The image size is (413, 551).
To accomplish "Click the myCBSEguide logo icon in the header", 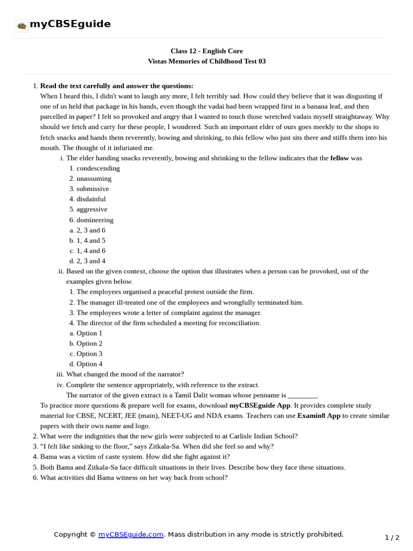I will point(22,25).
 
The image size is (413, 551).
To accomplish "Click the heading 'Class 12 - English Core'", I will point(206,51).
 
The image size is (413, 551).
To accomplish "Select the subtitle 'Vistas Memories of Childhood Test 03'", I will point(206,61).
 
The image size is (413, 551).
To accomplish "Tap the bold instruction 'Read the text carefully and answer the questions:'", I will point(117,86).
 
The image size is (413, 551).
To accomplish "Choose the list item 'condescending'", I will point(98,168).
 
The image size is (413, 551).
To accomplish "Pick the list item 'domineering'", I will point(95,220).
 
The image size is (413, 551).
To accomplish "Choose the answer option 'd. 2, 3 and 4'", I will point(90,261).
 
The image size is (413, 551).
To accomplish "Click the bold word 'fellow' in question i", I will point(339,158).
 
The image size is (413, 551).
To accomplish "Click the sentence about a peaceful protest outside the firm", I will point(165,292).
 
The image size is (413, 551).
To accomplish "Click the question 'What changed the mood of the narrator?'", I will point(125,375).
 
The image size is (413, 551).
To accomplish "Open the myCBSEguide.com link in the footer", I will point(131,534).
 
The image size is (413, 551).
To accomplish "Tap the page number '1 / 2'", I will point(392,538).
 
